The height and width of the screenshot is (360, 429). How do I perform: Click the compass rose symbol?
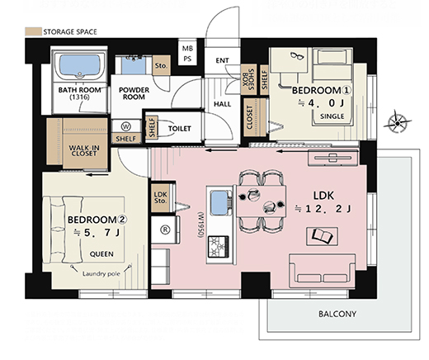[397, 123]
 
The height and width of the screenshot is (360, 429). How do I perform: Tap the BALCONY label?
[337, 314]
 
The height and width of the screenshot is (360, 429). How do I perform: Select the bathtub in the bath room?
[80, 66]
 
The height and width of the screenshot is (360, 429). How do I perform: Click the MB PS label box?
[187, 54]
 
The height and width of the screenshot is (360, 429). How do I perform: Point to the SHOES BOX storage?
[248, 79]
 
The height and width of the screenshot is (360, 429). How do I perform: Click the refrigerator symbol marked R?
[165, 230]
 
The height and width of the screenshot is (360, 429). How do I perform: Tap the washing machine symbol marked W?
[126, 126]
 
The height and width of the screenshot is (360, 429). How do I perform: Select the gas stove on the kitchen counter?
[219, 247]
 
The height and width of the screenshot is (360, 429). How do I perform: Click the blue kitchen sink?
[219, 203]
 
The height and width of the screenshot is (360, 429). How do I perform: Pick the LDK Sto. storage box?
[161, 198]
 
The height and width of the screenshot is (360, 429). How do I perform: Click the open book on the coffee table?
[323, 235]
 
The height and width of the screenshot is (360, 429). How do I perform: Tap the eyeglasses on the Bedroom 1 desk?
[297, 56]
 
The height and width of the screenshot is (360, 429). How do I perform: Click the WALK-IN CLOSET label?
[84, 150]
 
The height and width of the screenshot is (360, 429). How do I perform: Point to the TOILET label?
[180, 129]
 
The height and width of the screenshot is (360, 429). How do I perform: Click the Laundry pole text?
[101, 274]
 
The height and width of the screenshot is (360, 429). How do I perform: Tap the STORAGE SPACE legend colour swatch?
[33, 31]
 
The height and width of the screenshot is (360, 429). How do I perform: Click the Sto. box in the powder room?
[161, 65]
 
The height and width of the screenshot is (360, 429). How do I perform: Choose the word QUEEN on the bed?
[101, 254]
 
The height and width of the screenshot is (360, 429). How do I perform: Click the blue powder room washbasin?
[134, 65]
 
